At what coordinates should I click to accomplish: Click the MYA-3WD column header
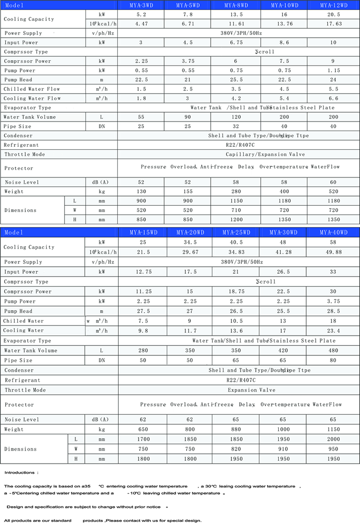pos(141,5)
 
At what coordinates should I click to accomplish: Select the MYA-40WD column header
pos(333,232)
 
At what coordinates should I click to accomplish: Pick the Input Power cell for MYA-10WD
pos(283,42)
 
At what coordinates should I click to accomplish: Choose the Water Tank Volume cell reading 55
pos(141,117)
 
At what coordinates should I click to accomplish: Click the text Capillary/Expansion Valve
pos(265,154)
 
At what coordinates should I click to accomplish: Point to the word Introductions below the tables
pos(19,473)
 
